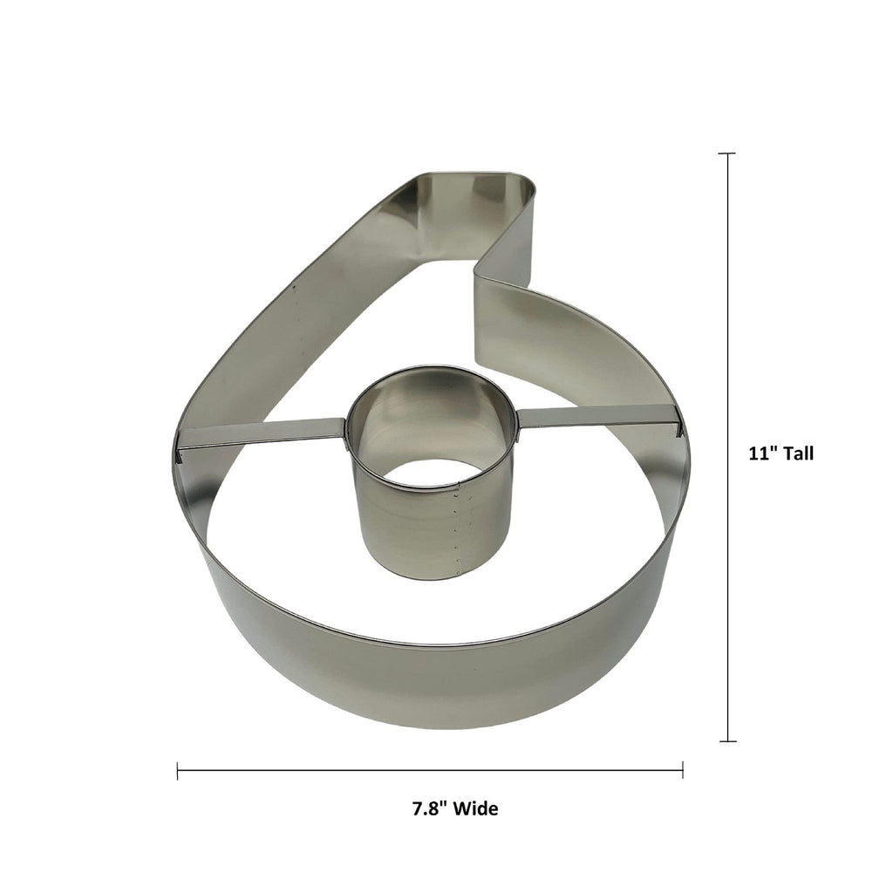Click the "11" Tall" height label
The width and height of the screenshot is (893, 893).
781,453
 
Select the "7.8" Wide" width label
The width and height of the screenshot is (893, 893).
455,808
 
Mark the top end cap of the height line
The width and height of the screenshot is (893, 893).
726,153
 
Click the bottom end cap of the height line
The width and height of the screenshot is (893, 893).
726,741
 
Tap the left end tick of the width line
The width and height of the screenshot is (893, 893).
178,770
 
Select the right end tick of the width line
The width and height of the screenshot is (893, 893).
682,770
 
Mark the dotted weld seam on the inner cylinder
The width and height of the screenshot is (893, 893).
457,532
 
